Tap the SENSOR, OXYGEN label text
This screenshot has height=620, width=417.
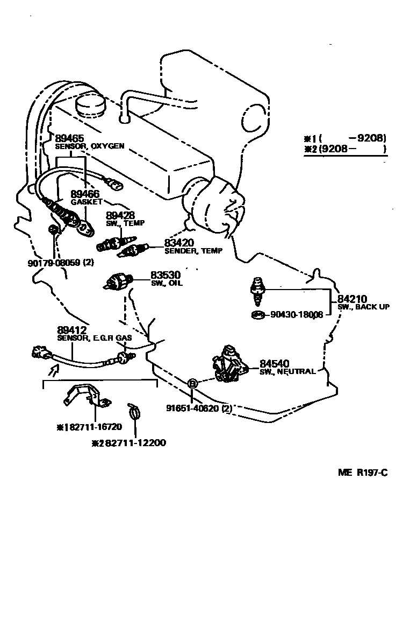coord(90,146)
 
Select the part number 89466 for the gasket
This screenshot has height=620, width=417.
coord(85,194)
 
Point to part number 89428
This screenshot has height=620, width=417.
coord(120,215)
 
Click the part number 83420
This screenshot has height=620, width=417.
coord(179,243)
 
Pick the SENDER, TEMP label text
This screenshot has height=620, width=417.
coord(193,251)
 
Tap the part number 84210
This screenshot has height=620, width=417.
coord(352,299)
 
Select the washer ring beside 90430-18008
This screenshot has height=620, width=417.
coord(257,314)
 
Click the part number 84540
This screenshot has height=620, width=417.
coord(275,363)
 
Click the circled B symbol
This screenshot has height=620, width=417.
coord(193,383)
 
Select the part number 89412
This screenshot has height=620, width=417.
coord(72,330)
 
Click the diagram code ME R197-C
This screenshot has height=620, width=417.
coord(363,473)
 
